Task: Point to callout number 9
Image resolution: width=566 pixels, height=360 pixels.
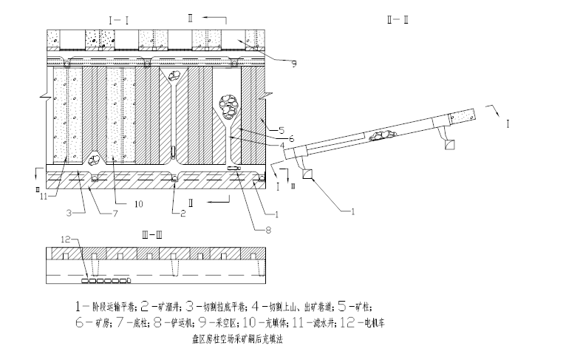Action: pyautogui.click(x=294, y=64)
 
